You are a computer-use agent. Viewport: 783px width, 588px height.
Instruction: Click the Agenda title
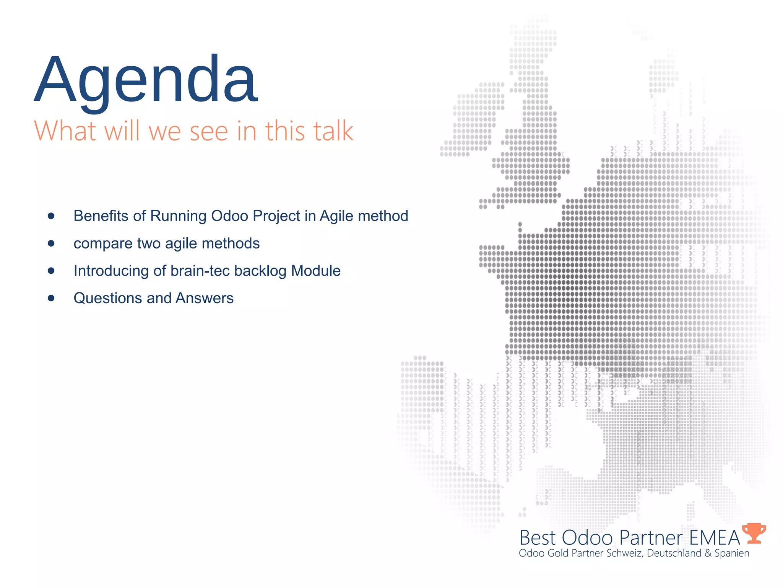(x=146, y=80)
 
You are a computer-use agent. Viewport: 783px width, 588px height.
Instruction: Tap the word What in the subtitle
(x=65, y=131)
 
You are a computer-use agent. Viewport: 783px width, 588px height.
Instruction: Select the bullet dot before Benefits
(x=51, y=216)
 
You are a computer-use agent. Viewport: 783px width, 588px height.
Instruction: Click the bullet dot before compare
(x=51, y=243)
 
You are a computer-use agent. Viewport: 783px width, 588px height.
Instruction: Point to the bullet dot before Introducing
(x=51, y=271)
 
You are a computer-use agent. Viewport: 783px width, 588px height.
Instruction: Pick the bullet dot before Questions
(x=51, y=298)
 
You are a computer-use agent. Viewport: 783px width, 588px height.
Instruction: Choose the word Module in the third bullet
(x=316, y=271)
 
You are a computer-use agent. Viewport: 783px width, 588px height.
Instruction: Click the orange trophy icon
(x=754, y=533)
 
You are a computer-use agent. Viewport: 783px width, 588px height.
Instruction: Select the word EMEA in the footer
(x=715, y=538)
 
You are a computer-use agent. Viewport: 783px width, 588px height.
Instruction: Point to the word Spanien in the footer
(x=732, y=554)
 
